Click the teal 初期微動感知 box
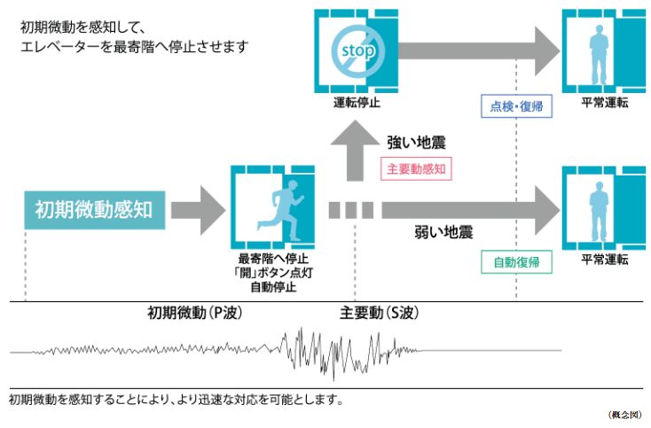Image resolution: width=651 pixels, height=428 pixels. coord(94,210)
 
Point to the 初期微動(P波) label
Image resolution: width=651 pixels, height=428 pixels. coord(194,314)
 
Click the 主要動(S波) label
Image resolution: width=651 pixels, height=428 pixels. coord(380,314)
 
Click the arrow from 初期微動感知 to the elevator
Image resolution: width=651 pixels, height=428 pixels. coord(197,211)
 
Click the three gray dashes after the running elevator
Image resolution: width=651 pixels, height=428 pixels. coord(350,211)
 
